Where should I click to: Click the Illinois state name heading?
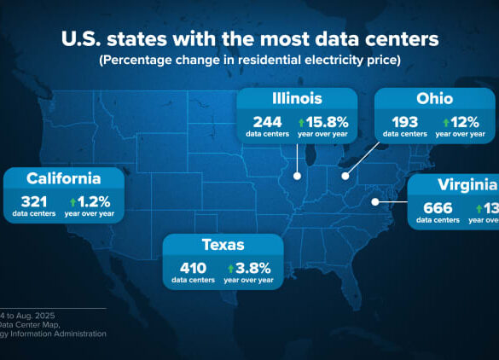[x=297, y=99]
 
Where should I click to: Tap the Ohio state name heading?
[x=435, y=99]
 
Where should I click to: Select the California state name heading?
[x=63, y=178]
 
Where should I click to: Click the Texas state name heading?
[x=223, y=246]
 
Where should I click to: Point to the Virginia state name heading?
[x=467, y=185]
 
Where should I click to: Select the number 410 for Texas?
[x=193, y=267]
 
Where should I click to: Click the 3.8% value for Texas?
[x=253, y=267]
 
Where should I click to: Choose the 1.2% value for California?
[x=94, y=201]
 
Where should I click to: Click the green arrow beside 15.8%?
[x=302, y=121]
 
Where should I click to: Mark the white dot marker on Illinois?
[x=297, y=177]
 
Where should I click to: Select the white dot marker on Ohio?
[x=345, y=176]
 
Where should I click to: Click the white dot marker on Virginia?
[x=374, y=202]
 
